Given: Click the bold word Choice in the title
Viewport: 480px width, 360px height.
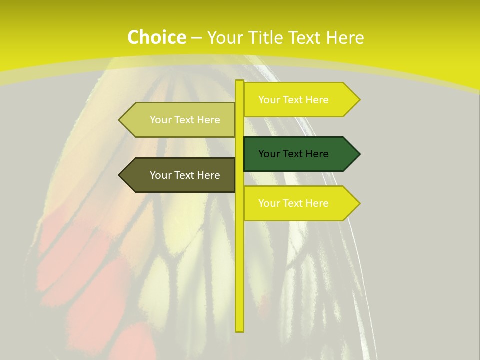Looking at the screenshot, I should (156, 37).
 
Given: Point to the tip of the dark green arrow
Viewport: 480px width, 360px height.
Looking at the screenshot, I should (359, 154).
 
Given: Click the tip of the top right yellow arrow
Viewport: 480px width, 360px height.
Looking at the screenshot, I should (359, 100).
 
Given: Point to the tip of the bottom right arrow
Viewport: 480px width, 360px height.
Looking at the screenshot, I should (359, 203).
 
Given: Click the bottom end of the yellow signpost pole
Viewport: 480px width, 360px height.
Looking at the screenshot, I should (240, 330).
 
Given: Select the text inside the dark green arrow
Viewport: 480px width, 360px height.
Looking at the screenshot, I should (293, 154).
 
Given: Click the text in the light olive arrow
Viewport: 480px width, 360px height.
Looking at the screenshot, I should (185, 120).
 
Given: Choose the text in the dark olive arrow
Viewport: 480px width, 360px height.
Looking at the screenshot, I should (185, 175).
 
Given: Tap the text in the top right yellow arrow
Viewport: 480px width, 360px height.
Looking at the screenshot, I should (293, 100).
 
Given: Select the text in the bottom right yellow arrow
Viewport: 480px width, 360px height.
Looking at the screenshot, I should (293, 203).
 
